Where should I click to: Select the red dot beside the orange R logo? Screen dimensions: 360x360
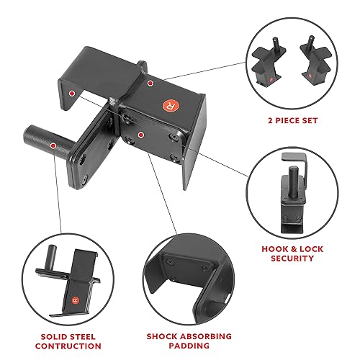150,84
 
